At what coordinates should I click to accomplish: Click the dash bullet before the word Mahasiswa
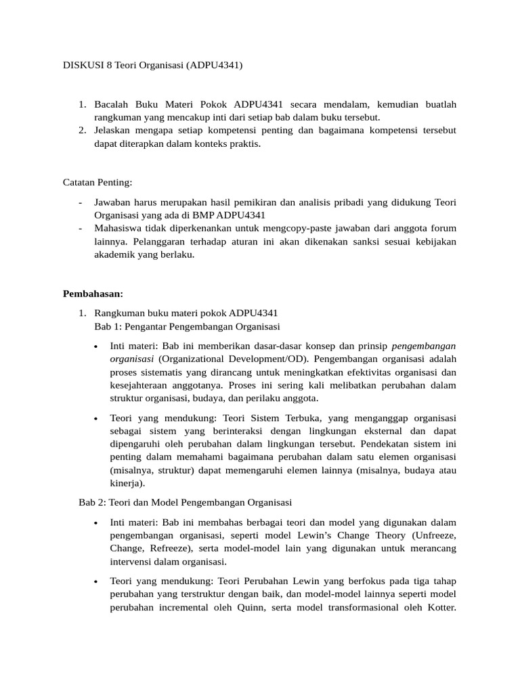pyautogui.click(x=81, y=228)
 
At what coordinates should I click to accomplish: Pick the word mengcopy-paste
pyautogui.click(x=305, y=228)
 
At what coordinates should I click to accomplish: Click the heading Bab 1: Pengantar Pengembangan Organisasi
pyautogui.click(x=188, y=326)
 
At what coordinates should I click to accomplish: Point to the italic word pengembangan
pyautogui.click(x=424, y=345)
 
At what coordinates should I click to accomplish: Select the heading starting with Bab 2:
pyautogui.click(x=185, y=502)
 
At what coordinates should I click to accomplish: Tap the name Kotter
pyautogui.click(x=440, y=606)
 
